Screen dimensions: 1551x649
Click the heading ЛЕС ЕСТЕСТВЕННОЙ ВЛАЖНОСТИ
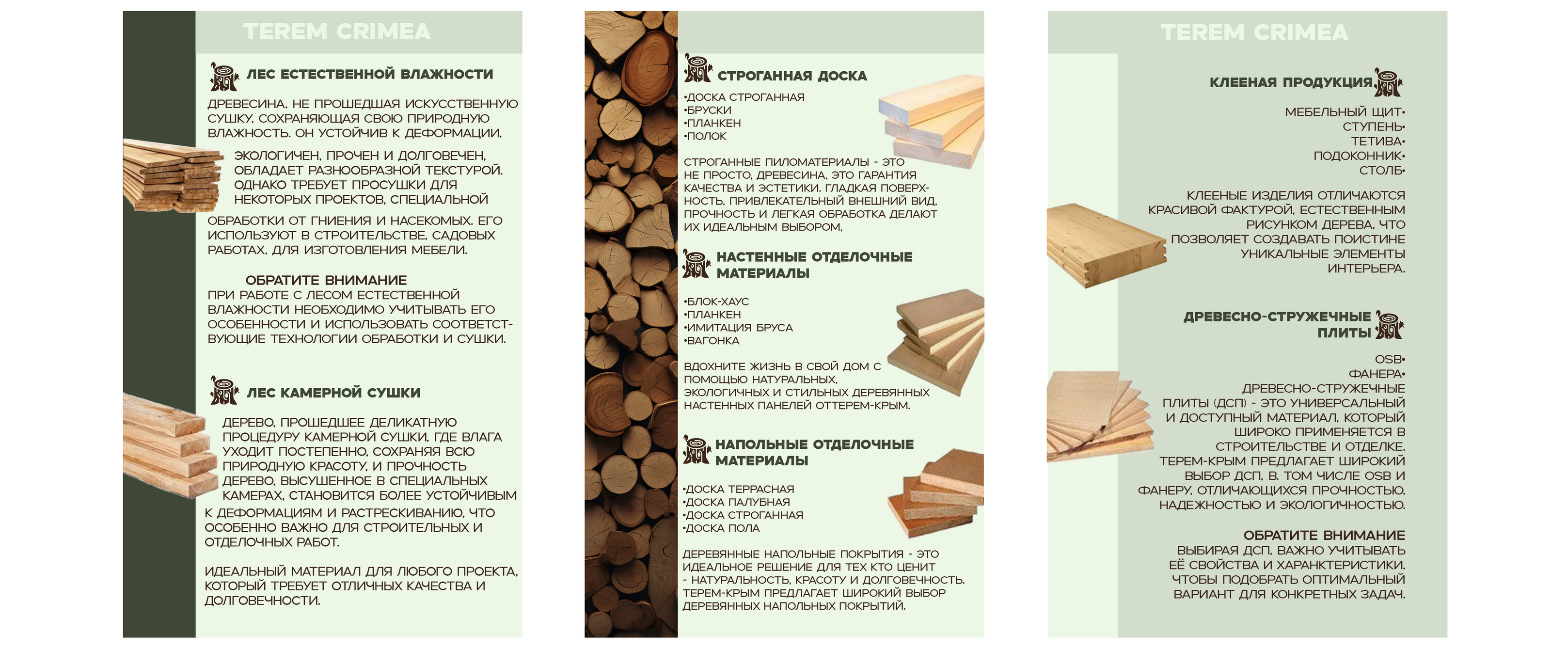click(370, 74)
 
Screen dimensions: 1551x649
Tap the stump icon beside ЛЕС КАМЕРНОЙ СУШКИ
click(223, 390)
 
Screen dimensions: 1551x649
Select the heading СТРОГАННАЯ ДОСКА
click(792, 76)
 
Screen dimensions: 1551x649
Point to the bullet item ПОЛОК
click(705, 136)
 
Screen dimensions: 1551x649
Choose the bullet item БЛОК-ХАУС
click(716, 301)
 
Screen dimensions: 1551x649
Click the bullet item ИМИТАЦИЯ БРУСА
click(738, 328)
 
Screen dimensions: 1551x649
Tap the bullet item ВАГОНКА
click(711, 341)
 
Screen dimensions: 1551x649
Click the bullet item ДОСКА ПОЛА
click(721, 528)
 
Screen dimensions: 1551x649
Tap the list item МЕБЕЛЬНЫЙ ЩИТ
click(1345, 112)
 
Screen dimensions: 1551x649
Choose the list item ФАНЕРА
click(1377, 374)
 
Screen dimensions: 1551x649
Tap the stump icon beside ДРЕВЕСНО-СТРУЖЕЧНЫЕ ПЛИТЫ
click(1390, 325)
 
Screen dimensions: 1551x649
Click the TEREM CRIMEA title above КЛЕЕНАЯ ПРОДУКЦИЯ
click(1254, 32)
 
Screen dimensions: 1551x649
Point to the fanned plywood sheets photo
click(1099, 417)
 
